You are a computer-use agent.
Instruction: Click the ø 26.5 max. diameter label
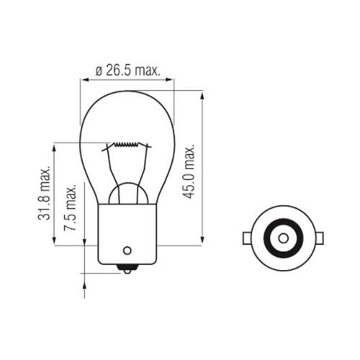(128, 71)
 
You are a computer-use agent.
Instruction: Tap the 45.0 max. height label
(189, 171)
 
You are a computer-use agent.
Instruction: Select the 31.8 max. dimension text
(44, 193)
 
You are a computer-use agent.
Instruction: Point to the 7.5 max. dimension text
(70, 208)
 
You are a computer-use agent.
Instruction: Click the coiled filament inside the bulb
(126, 144)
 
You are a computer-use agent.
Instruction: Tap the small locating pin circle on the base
(127, 251)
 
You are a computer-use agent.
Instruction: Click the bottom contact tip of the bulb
(127, 271)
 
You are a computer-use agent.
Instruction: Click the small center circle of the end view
(284, 238)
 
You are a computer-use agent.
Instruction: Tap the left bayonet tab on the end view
(247, 238)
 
